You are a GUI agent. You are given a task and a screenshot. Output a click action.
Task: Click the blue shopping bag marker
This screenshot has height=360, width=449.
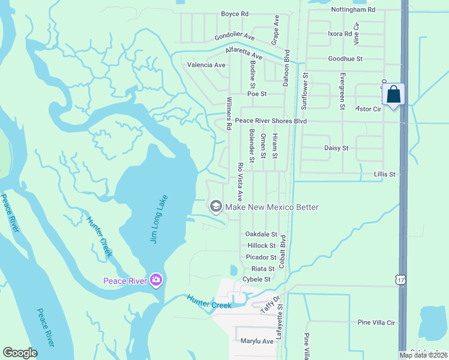coord(393,94)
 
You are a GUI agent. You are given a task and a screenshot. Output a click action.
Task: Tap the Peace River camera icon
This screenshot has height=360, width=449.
coord(156,280)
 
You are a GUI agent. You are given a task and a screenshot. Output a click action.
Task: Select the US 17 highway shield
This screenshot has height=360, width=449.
coord(400,279)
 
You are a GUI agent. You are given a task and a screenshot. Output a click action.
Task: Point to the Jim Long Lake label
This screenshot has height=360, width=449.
coord(158,218)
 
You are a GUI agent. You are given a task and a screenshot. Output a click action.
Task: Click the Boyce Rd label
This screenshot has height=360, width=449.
coord(235,14)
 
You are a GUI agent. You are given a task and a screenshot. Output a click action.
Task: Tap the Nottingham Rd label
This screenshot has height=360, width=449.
coord(353,10)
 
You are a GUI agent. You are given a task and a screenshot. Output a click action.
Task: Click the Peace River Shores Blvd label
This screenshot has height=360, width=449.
coord(271,121)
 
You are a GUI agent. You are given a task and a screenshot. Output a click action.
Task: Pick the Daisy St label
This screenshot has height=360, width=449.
coord(336,148)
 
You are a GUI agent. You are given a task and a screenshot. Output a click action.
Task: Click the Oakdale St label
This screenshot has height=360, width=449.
coord(261,234)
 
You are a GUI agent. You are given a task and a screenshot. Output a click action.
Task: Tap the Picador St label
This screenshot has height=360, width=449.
coord(261,257)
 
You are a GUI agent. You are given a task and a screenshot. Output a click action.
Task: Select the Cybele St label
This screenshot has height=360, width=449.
coord(257,280)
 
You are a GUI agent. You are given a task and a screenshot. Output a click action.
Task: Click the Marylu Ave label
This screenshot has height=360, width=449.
coord(257,341)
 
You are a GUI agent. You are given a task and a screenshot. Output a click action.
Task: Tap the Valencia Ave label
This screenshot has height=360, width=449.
coord(206,65)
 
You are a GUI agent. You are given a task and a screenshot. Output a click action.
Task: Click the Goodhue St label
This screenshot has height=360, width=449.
coord(346,59)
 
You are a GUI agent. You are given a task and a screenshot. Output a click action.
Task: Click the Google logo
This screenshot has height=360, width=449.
coord(20,353)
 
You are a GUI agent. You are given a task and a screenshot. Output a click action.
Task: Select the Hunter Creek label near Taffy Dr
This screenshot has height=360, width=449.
coord(209,301)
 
